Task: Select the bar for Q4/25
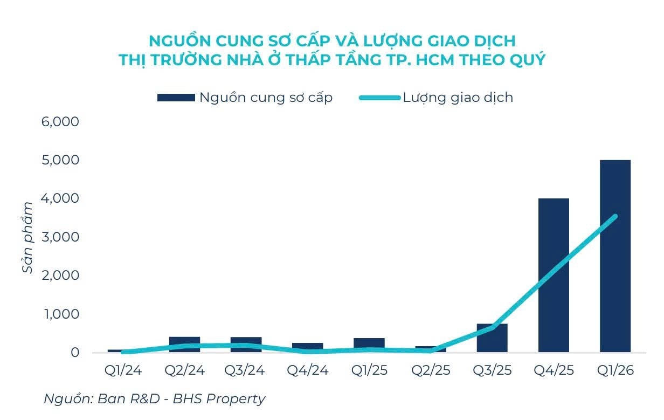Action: [x=554, y=275]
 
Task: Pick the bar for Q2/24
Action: [x=184, y=345]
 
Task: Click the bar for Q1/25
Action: [x=369, y=345]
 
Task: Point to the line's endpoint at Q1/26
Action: [x=615, y=216]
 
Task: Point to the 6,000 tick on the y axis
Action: [x=60, y=122]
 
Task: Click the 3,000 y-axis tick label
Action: [x=60, y=237]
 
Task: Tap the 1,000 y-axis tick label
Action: [x=60, y=314]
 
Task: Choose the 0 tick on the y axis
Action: [x=74, y=353]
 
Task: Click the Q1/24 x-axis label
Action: [x=122, y=371]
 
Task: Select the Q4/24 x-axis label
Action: [x=307, y=371]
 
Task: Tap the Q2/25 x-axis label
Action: [x=431, y=371]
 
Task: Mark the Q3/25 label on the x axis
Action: [x=492, y=371]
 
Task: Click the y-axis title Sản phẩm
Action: [x=28, y=237]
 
